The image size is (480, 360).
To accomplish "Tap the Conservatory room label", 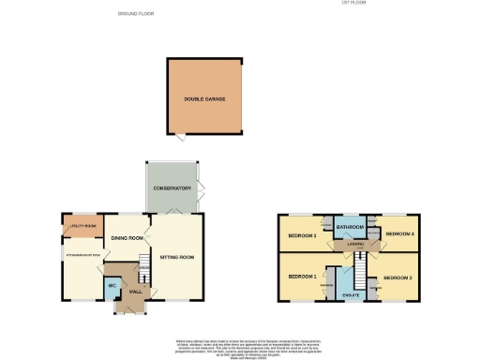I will click(172, 188).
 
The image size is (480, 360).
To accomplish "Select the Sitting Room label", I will click(176, 254).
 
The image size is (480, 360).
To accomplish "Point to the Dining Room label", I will click(127, 238).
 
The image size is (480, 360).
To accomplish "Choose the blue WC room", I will click(112, 285).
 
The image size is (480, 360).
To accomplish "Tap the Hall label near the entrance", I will click(135, 292).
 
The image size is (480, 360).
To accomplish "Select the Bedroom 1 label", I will click(301, 277).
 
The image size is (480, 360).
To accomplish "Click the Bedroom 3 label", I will click(301, 235).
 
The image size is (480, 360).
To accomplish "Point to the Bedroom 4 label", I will click(399, 232).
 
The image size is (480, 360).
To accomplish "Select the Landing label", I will click(355, 245).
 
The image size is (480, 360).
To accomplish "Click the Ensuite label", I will click(352, 295).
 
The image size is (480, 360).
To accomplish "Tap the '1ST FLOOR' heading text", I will click(352, 4).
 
